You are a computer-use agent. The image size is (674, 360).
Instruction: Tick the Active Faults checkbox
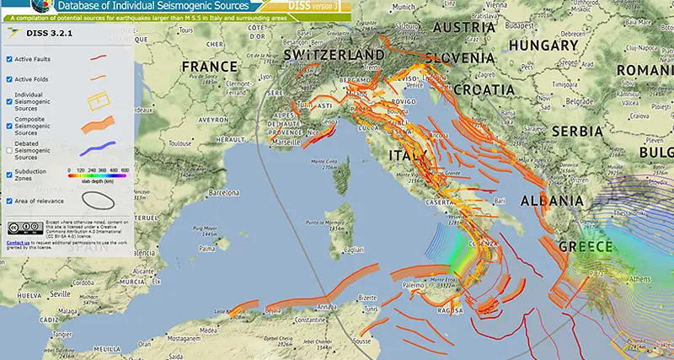pos(9,59)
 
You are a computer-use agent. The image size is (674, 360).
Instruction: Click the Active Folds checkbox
pos(9,79)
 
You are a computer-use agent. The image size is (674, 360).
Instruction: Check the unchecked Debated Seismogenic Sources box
pos(9,152)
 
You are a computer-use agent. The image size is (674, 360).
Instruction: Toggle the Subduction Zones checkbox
pos(9,175)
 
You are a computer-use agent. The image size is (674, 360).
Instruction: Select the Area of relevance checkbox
pos(9,201)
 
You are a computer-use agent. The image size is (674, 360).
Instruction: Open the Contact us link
pos(19,243)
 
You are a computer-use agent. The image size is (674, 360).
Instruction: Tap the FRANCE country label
pos(210,67)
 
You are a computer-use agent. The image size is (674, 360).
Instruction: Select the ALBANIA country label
pos(552,201)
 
